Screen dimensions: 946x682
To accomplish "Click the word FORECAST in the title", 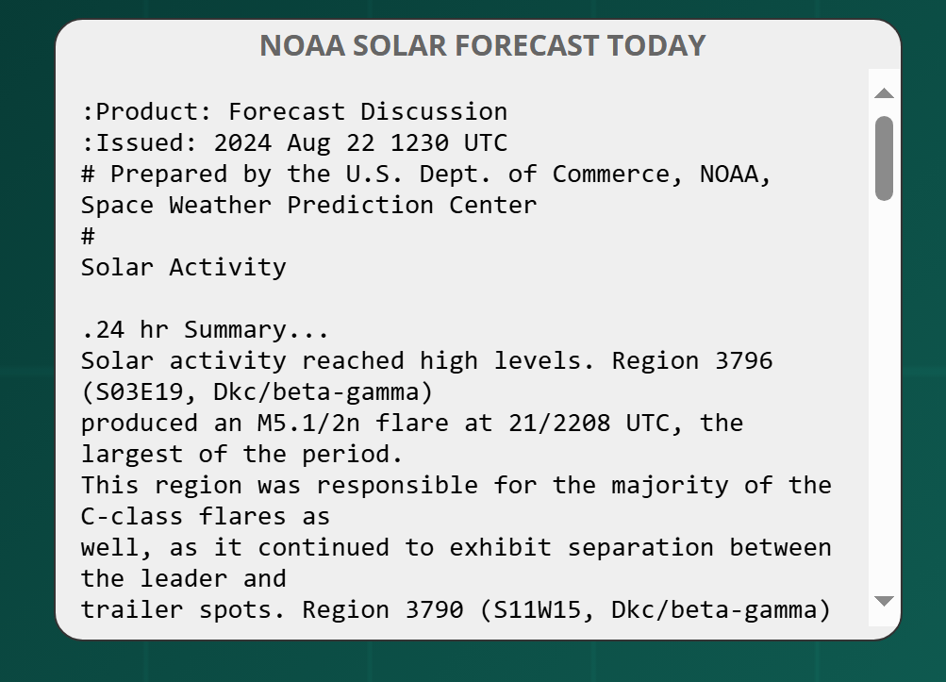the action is point(526,45).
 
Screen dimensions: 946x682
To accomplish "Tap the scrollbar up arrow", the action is point(884,93).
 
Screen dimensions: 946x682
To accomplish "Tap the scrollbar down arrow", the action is point(884,601).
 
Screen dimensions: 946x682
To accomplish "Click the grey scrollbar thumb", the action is point(884,158).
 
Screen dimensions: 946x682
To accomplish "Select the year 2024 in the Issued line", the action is point(242,143).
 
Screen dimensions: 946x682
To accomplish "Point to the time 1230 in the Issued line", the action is point(420,143).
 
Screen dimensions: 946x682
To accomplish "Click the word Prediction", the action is point(360,206).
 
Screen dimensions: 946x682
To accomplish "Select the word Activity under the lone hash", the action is point(228,267).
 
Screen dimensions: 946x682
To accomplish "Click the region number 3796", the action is point(743,361).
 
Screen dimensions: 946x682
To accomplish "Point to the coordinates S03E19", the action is point(140,392).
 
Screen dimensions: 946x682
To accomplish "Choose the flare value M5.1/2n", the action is point(309,424).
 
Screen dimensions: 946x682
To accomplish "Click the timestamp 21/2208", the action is point(559,424).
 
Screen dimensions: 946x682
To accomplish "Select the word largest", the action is point(132,455).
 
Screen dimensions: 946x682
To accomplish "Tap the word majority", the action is point(670,486).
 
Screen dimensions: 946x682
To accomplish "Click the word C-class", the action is point(132,517).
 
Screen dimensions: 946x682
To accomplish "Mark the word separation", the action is point(640,548).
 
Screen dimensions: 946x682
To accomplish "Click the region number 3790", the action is point(435,610).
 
